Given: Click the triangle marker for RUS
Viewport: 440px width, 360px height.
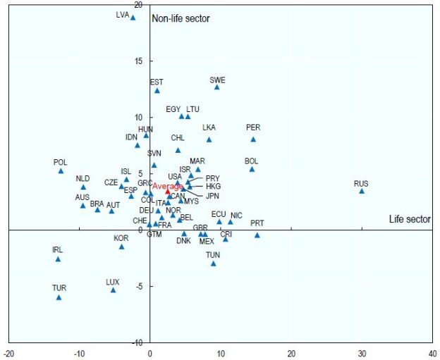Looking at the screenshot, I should (362, 191).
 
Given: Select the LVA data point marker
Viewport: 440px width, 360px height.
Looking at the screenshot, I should (133, 18).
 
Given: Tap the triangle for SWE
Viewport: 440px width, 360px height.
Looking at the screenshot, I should (217, 87).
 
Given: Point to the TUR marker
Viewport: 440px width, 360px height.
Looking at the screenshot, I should (59, 297).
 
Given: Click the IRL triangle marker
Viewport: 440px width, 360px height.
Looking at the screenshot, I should (58, 259).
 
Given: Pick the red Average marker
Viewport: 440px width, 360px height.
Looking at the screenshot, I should (168, 191).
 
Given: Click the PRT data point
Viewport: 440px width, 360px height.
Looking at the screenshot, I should (257, 235).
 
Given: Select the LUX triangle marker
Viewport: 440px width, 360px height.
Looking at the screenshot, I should (113, 290).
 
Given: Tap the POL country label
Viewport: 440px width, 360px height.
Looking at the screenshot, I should (61, 163).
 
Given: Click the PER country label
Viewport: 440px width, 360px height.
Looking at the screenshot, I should (253, 128).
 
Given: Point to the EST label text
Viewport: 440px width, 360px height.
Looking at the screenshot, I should (157, 82).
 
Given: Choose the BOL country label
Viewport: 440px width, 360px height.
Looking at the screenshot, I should (252, 161).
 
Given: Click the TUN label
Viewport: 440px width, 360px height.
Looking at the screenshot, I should (214, 255).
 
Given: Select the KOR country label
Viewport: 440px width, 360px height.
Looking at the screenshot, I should (121, 239).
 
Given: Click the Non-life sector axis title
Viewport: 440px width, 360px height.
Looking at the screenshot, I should (181, 18).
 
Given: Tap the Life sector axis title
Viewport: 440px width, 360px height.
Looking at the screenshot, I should (410, 220).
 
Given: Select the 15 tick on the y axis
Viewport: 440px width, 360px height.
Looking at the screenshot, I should (137, 61).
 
